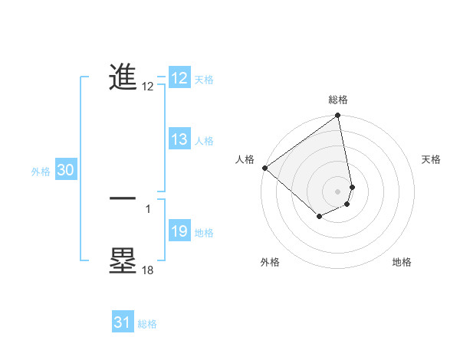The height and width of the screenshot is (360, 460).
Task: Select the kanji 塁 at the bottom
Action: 123,260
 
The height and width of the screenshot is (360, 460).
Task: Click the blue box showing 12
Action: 179,78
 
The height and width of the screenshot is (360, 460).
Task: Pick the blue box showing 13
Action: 179,139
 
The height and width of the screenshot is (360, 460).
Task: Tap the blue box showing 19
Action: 179,231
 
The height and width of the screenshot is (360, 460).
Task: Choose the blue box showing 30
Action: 65,171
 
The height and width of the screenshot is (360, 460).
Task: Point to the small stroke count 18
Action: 147,270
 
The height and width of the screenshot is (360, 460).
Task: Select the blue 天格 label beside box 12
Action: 204,80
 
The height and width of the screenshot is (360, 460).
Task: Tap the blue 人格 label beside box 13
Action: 204,141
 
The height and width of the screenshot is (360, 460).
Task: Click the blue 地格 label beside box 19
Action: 204,233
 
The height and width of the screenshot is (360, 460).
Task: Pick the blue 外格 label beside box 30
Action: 41,172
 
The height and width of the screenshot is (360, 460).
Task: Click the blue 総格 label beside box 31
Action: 147,324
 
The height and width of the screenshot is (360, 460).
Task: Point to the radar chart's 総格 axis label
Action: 338,100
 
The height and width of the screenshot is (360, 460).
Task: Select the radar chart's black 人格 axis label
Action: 245,159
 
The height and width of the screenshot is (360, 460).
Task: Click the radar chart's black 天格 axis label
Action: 431,159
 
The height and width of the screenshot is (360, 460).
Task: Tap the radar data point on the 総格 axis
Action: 338,116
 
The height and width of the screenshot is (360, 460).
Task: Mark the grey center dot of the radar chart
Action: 338,191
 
